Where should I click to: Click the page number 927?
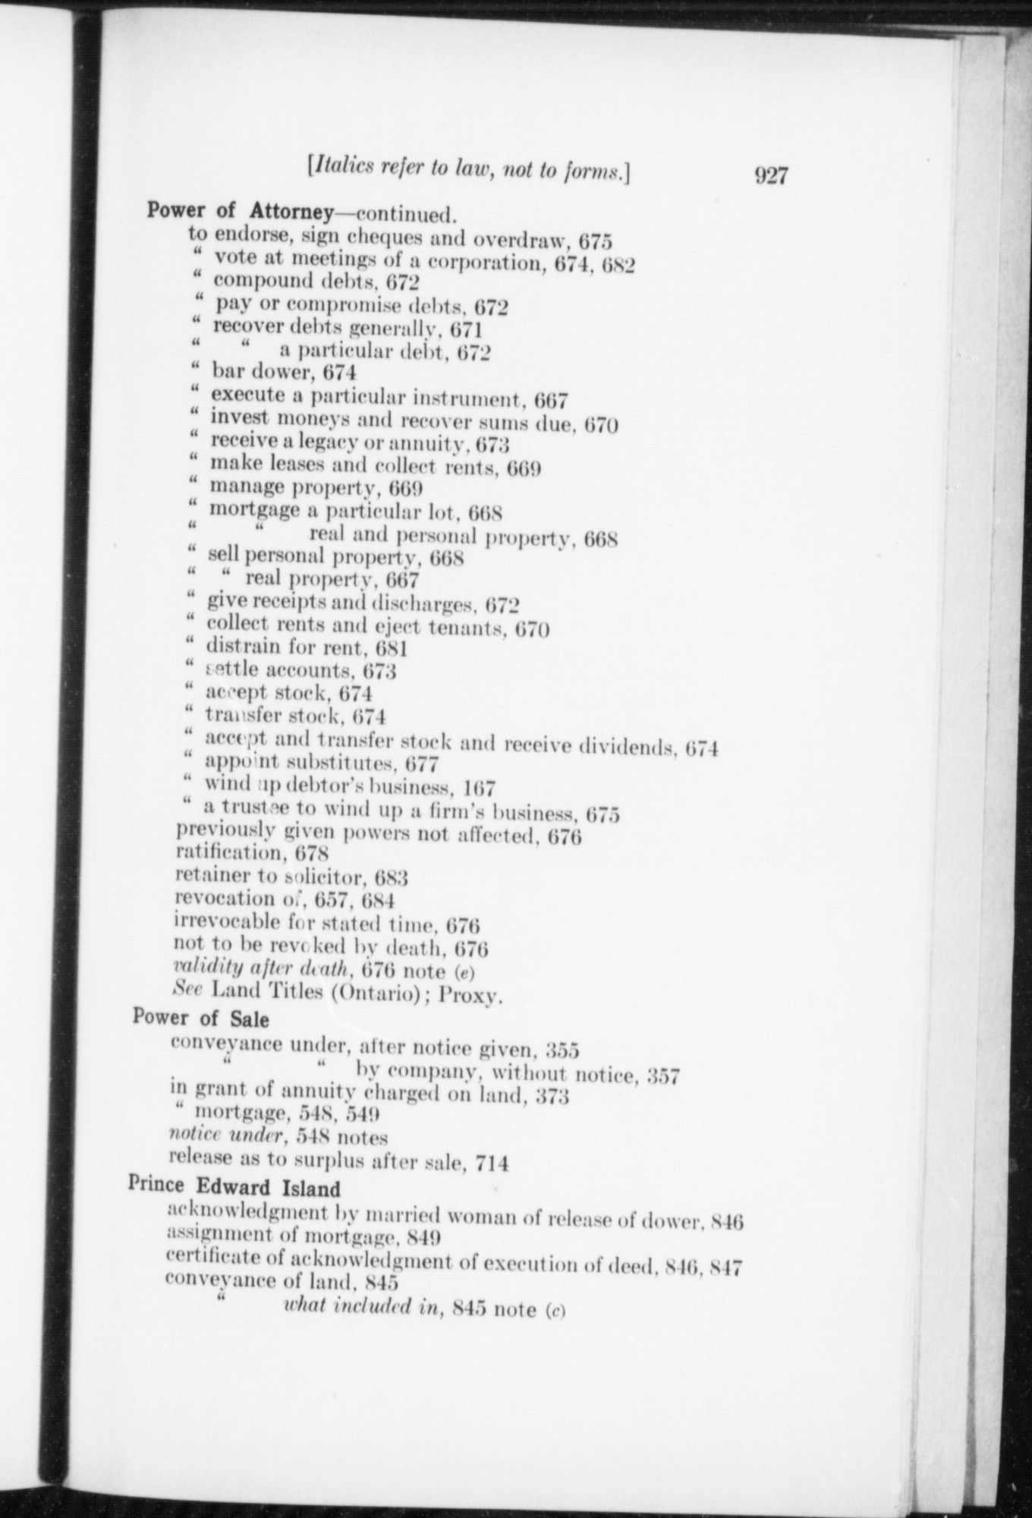[x=771, y=176]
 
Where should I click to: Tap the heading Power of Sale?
[x=200, y=1017]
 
